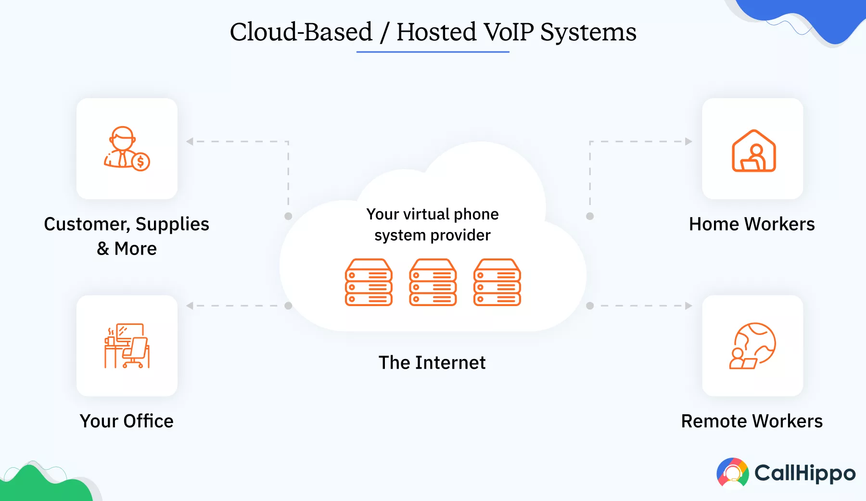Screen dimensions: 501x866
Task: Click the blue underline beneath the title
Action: (x=433, y=51)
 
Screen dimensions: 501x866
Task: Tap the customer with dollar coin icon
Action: (x=127, y=148)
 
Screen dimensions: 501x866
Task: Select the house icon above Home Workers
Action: (x=753, y=151)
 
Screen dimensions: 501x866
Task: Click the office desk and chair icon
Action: (x=127, y=346)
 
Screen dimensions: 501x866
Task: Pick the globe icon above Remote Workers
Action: (x=753, y=346)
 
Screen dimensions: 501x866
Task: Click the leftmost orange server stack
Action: (x=369, y=283)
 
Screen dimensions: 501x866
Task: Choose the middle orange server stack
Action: (x=433, y=283)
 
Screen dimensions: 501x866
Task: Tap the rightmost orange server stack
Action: (x=497, y=283)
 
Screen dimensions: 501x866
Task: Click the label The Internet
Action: (x=432, y=362)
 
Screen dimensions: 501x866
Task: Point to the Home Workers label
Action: (x=751, y=224)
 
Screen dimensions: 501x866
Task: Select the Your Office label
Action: (x=127, y=421)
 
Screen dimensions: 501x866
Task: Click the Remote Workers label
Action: (x=751, y=421)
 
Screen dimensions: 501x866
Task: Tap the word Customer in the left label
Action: (x=86, y=224)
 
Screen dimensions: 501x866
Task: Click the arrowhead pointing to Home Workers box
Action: (x=688, y=141)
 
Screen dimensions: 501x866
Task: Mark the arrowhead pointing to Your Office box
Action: (x=190, y=306)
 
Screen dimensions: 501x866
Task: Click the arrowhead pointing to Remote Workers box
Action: (x=688, y=306)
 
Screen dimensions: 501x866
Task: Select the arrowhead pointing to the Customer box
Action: (x=190, y=141)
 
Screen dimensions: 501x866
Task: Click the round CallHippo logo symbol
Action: (x=732, y=473)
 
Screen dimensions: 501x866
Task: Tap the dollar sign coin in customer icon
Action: (x=140, y=162)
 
